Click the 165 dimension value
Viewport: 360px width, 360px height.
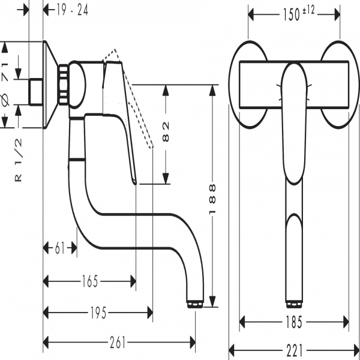click(x=90, y=280)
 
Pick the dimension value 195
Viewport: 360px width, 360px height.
click(x=98, y=312)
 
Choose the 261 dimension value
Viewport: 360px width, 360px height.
click(x=118, y=343)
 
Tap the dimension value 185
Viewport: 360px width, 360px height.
click(x=294, y=321)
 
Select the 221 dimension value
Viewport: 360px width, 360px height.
click(x=294, y=349)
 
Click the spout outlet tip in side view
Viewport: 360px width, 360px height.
click(x=194, y=304)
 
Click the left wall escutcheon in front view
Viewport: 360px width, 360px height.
click(x=248, y=84)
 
